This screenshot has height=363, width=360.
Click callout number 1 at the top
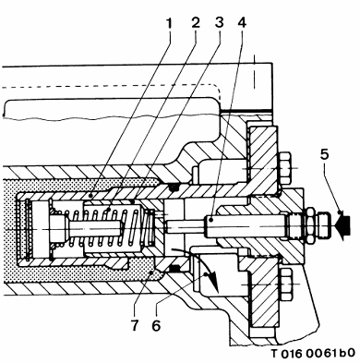click(169, 23)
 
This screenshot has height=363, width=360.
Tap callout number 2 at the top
click(196, 23)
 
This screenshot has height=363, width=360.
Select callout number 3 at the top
click(219, 23)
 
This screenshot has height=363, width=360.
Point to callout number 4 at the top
click(242, 23)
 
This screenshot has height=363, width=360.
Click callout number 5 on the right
click(324, 154)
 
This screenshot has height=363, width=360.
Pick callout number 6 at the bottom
click(156, 325)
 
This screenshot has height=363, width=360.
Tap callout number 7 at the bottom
click(135, 325)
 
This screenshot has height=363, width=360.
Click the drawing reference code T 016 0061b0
click(313, 353)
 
